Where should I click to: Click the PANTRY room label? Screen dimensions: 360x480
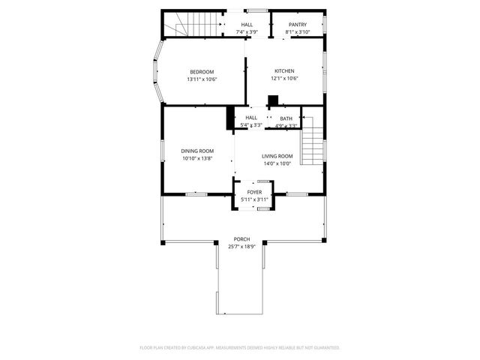(298, 25)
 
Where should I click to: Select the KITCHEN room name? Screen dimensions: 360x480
(284, 71)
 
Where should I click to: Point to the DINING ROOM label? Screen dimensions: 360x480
(197, 151)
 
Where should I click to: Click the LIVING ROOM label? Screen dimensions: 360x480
(277, 156)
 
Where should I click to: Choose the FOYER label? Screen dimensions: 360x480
(254, 193)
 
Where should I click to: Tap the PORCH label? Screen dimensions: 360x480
(241, 239)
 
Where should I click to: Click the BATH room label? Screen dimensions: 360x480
(286, 118)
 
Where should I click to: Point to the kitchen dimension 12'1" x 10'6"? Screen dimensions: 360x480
(284, 79)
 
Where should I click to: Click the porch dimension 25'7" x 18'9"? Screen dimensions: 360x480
(241, 247)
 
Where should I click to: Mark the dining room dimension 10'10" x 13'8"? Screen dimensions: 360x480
(197, 158)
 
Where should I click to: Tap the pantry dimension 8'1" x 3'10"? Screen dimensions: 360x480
(298, 32)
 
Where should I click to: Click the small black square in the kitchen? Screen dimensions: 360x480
(274, 100)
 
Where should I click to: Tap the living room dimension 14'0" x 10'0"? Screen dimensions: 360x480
(277, 163)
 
